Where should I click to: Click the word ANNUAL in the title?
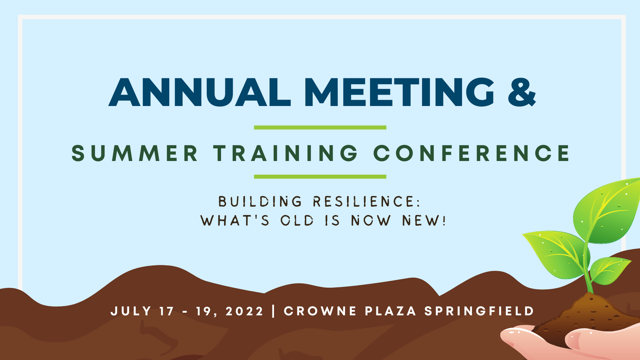click(200, 92)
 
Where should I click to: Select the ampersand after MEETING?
click(522, 92)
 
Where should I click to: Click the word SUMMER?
click(135, 153)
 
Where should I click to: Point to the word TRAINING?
click(286, 153)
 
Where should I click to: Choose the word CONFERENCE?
click(472, 153)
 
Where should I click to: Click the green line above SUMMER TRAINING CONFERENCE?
click(320, 127)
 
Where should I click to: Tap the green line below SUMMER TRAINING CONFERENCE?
click(320, 177)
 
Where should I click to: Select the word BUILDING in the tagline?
click(260, 202)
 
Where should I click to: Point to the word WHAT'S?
click(235, 221)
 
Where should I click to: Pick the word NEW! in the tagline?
click(424, 221)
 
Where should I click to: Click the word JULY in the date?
click(131, 311)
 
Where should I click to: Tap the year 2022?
click(245, 311)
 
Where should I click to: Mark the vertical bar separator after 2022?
click(274, 311)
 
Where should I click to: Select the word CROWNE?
click(320, 311)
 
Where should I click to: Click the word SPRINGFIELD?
click(479, 311)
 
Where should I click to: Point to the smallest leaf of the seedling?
click(610, 270)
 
